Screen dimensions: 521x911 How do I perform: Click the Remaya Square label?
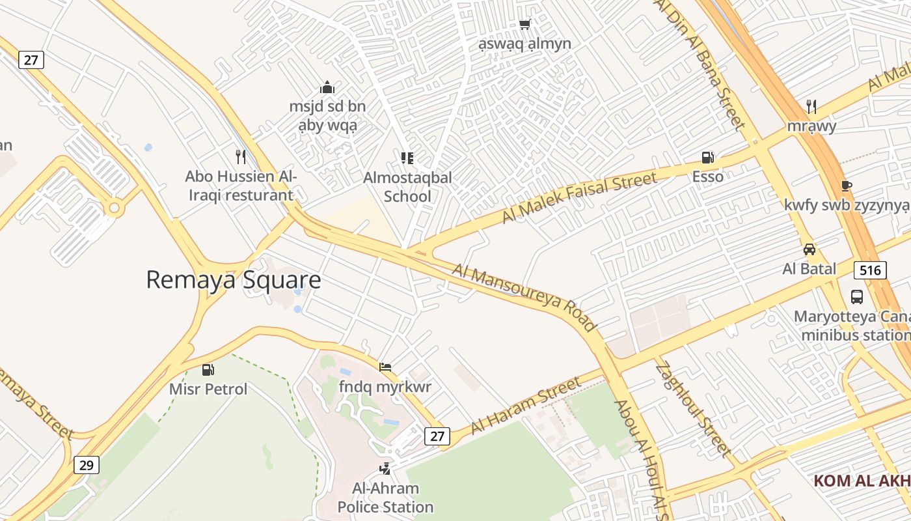pos(233,280)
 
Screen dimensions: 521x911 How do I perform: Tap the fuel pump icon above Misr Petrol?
pos(208,370)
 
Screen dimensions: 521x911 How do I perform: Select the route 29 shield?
pos(87,465)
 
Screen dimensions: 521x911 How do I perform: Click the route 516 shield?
pos(870,270)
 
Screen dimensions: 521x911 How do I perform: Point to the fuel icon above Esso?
pos(707,158)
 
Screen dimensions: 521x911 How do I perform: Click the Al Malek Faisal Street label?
pos(580,197)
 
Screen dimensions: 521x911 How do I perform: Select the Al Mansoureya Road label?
pos(524,296)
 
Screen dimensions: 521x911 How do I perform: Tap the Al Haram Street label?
pos(525,405)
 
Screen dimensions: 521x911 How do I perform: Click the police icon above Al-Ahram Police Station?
pos(385,468)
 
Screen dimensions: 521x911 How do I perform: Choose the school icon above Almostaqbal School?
pos(407,158)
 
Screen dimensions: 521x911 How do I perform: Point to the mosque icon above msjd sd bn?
pos(327,87)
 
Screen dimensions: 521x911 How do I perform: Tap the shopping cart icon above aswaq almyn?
pos(524,25)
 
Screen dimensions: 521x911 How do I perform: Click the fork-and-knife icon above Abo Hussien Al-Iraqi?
pos(241,156)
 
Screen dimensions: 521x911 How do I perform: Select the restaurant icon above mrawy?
pos(811,106)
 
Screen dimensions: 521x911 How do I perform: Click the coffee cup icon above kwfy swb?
pos(846,186)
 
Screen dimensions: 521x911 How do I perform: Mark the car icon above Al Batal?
pos(809,249)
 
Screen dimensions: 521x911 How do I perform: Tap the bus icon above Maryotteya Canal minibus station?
pos(857,297)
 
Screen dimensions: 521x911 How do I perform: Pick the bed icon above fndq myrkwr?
pos(385,367)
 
